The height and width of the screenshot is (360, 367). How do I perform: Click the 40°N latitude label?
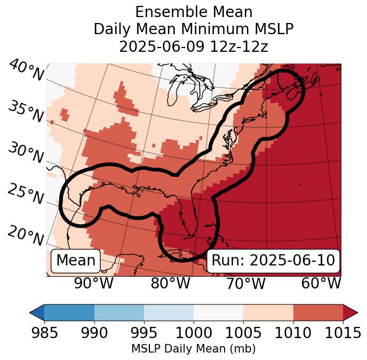point(26,71)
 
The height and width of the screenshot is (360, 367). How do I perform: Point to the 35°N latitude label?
point(26,111)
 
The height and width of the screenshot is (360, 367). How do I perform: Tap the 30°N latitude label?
point(26,153)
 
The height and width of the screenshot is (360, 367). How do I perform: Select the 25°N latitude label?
point(26,194)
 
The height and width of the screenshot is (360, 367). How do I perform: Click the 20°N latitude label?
point(26,235)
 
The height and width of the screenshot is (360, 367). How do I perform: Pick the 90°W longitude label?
point(93,283)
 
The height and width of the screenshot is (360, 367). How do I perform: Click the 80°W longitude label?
point(170,283)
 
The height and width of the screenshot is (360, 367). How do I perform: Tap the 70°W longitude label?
point(245,283)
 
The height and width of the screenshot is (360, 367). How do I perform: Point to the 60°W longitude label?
point(321,283)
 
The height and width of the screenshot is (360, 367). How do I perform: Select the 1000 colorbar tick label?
point(194,333)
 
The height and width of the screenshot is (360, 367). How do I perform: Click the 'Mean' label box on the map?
point(76,261)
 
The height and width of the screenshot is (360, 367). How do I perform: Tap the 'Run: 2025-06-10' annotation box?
point(273,261)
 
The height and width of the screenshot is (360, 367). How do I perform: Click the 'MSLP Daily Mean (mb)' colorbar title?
point(193,349)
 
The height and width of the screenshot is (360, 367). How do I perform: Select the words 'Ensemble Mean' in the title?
point(193,12)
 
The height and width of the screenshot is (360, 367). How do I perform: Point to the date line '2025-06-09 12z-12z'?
point(193,46)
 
